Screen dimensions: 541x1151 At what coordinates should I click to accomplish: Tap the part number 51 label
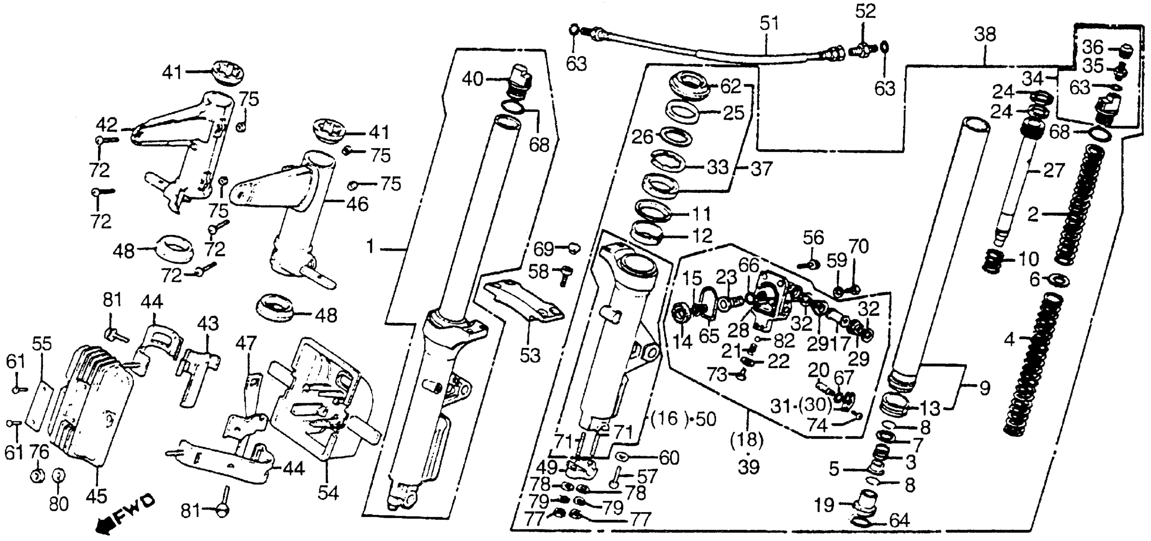tap(769, 24)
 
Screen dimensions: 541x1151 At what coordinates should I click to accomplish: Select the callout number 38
tap(985, 34)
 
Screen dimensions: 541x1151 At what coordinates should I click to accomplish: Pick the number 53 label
tap(530, 355)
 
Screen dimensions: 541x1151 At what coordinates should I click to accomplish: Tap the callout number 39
tap(748, 467)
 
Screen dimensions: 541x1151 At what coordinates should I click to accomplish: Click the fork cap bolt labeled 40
tap(520, 85)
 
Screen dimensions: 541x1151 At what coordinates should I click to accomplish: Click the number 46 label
tap(357, 205)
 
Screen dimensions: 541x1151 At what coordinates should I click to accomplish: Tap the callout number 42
tap(108, 124)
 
